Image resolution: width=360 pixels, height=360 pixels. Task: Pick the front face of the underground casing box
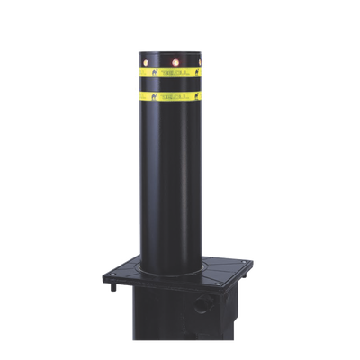[180, 328]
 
